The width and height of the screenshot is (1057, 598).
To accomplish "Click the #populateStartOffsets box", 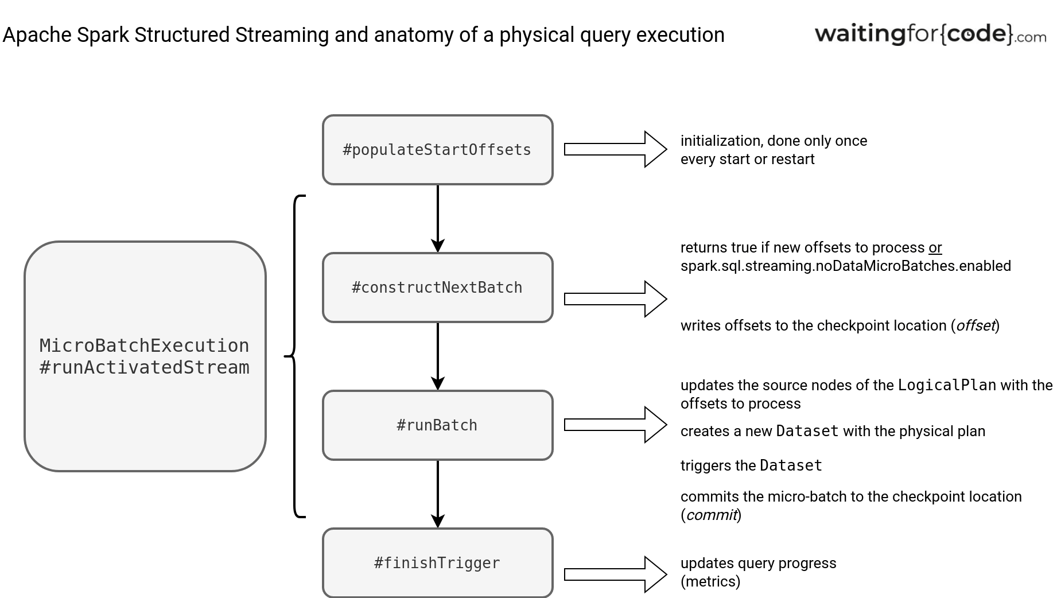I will coord(437,150).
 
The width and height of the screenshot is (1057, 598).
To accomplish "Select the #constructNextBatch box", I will coord(437,288).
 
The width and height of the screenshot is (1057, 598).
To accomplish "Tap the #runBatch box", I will coord(437,425).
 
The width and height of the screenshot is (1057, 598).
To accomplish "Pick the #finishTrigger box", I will coord(437,563).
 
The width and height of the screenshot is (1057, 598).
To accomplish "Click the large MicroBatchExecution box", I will coord(145,356).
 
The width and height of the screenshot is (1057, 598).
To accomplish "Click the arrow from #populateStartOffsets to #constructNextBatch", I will coord(438,219).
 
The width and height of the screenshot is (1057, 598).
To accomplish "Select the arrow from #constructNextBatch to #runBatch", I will coord(438,356).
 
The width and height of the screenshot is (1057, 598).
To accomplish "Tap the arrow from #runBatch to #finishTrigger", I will coord(438,494).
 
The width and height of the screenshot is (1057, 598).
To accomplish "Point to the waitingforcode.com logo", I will coord(930,34).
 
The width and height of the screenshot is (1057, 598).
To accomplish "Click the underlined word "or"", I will coord(935,248).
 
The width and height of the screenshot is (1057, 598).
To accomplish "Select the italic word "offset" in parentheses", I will coord(975,326).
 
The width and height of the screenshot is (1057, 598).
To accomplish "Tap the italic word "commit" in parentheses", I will coord(711,515).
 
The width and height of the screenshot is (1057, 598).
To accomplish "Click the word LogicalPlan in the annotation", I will coord(947,385).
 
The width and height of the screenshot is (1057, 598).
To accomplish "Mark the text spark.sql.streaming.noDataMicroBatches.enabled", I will coord(845,266).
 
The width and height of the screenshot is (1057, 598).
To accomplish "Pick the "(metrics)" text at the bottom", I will coord(710,581).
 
